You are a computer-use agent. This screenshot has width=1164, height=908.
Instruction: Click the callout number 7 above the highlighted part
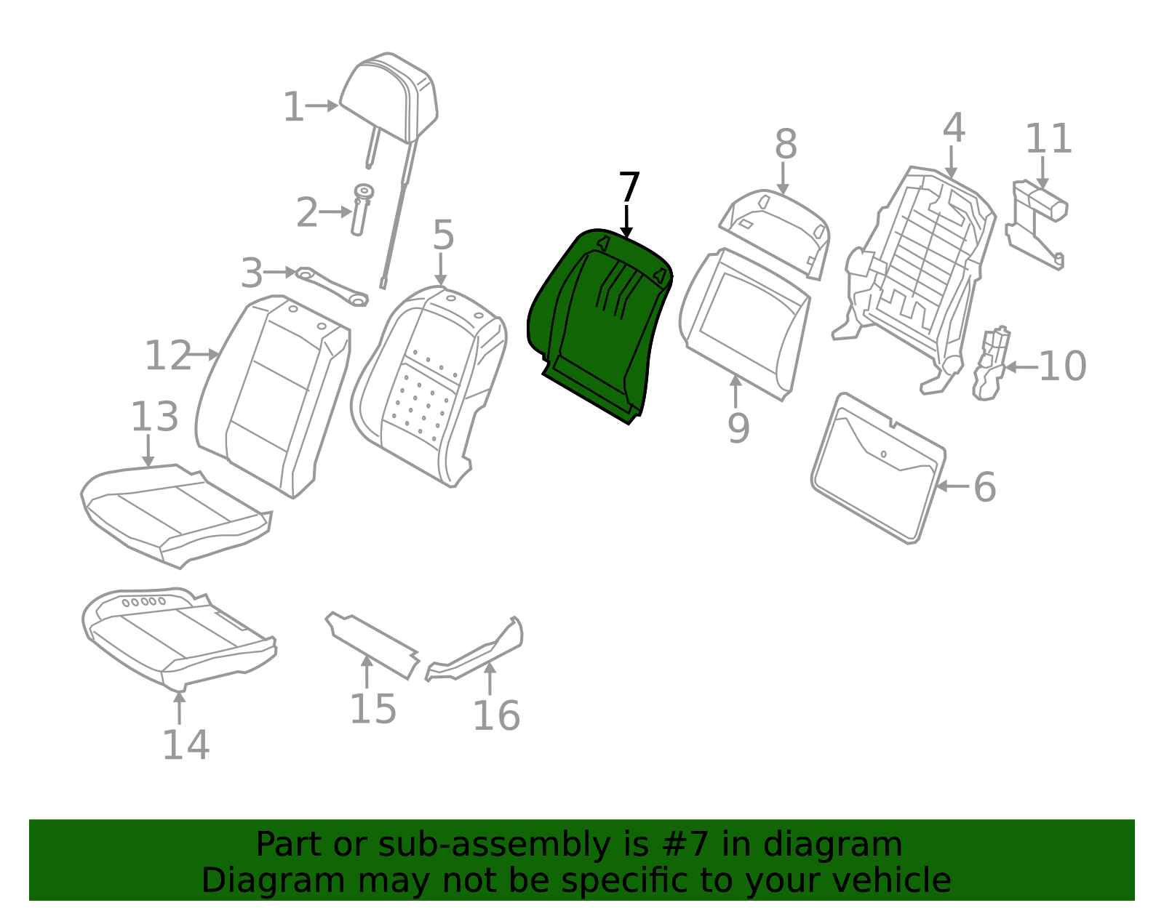[629, 187]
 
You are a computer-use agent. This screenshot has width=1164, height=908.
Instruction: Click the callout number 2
[308, 212]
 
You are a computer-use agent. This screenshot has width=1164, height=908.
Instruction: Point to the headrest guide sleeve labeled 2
[361, 210]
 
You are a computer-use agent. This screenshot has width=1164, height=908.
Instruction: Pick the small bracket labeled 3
[332, 286]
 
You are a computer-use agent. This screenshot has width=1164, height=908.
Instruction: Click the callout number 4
[954, 128]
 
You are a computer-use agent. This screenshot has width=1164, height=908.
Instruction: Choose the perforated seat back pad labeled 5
[428, 386]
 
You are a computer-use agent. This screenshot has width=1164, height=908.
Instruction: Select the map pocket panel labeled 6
[879, 468]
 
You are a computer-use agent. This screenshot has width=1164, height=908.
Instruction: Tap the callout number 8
[786, 145]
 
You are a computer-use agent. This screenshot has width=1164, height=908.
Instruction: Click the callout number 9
[738, 428]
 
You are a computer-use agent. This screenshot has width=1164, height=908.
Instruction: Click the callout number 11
[1048, 139]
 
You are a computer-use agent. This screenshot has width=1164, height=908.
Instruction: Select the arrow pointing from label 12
[204, 354]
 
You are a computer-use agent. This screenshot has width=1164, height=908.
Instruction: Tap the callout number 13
[154, 417]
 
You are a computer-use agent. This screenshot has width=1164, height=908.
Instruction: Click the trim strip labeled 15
[372, 646]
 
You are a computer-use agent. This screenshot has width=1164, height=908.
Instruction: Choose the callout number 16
[496, 715]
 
